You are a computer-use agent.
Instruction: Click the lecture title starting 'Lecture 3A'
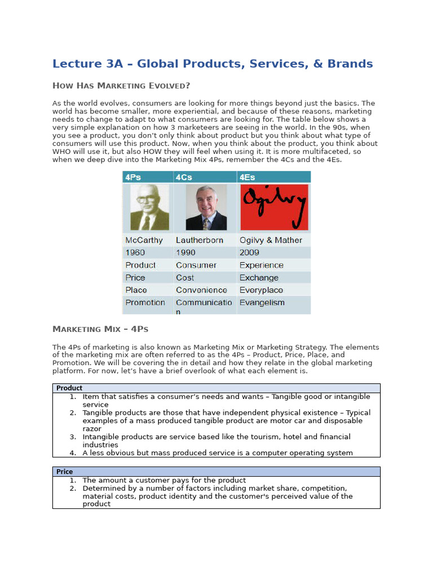213,64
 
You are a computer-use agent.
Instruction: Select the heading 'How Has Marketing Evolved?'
121,86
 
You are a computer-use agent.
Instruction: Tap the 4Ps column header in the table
134,177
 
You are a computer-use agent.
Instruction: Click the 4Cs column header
184,177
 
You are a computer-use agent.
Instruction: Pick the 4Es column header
248,177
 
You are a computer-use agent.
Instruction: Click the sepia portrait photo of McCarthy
149,207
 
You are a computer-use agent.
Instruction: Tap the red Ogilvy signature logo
274,207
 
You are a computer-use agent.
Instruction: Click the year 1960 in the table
135,252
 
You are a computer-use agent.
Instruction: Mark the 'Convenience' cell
201,290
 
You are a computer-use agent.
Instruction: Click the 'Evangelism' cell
262,303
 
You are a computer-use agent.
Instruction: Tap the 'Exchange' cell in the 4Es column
259,278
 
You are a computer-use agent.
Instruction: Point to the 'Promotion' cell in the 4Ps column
145,303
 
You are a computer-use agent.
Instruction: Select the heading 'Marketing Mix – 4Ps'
100,329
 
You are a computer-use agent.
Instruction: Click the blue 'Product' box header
69,388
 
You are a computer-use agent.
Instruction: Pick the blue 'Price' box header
65,472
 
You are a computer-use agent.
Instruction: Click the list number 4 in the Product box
73,453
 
